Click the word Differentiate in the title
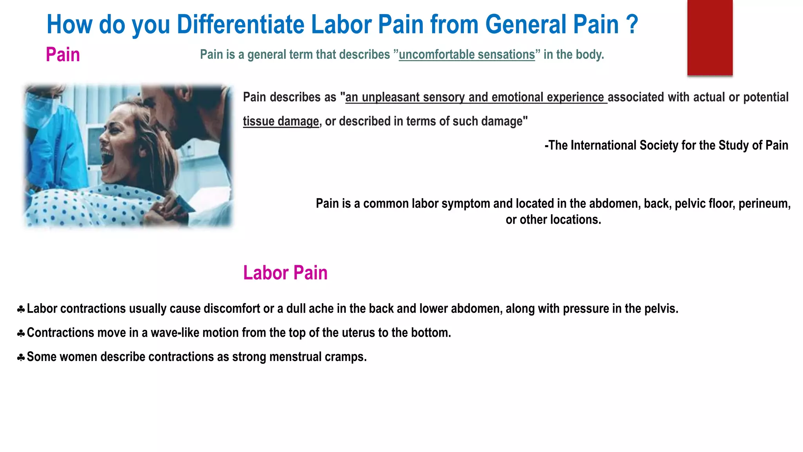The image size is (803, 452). (240, 24)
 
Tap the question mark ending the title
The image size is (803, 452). (632, 24)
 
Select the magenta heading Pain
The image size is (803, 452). (63, 55)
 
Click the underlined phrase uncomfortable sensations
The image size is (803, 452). (467, 55)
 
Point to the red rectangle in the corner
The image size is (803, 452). (710, 37)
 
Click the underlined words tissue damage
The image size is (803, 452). (281, 121)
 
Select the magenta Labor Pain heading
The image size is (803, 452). (285, 273)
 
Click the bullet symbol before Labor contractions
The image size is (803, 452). (21, 310)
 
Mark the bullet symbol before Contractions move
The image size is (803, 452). (21, 334)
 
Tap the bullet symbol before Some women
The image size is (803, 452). (21, 357)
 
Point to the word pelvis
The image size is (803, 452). (663, 309)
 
